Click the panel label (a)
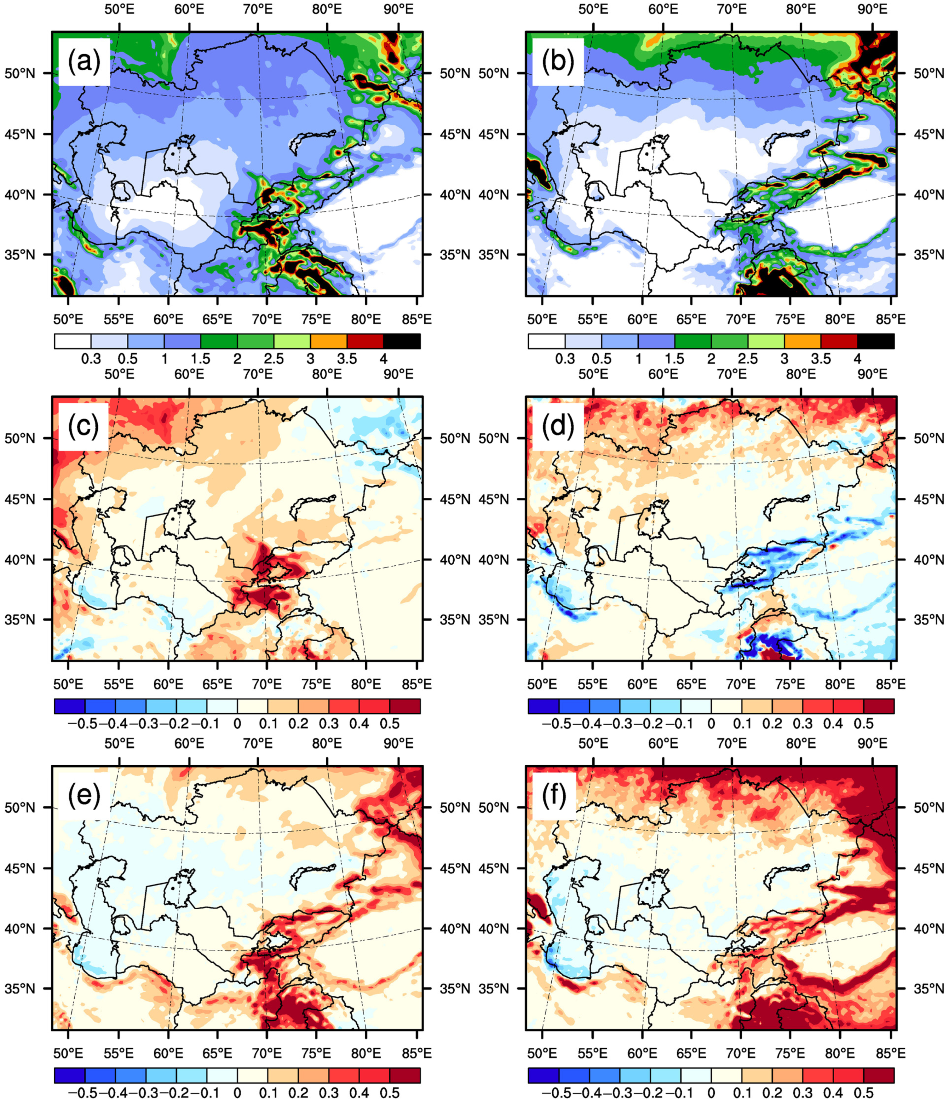tap(84, 62)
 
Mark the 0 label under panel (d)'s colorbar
tap(711, 724)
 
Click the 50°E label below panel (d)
tap(542, 684)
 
